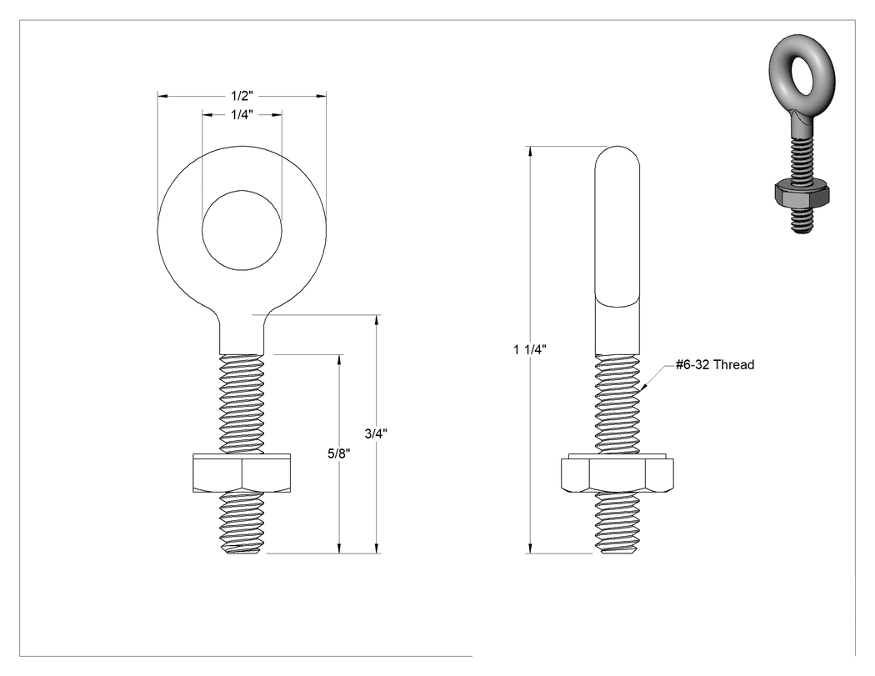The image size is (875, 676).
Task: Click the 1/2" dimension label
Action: click(x=242, y=96)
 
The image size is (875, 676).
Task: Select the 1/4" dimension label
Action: click(x=242, y=115)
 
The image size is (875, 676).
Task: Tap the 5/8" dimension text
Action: click(x=338, y=453)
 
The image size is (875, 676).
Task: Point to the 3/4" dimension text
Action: click(x=376, y=433)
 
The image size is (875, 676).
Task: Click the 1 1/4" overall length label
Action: click(x=529, y=349)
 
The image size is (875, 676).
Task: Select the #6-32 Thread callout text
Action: click(x=715, y=364)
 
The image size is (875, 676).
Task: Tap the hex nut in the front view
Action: click(x=242, y=473)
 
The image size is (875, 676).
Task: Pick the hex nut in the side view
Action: click(x=617, y=473)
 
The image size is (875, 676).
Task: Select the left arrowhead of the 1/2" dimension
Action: click(x=162, y=97)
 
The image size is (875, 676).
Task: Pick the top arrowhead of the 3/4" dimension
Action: click(x=377, y=320)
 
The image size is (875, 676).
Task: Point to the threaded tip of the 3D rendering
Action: click(x=802, y=220)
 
